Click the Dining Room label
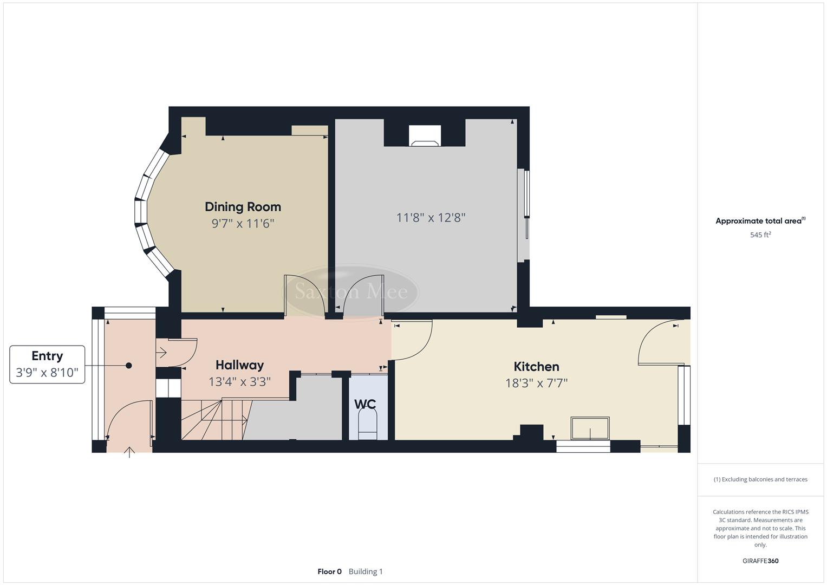(243, 206)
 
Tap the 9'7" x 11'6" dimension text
(243, 223)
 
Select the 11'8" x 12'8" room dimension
(431, 218)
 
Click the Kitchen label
(536, 367)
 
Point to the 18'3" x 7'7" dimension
(536, 383)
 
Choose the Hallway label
(239, 365)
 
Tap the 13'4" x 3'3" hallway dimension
(239, 382)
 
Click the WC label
(365, 404)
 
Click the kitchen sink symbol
(590, 428)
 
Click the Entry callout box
(47, 364)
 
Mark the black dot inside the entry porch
(129, 366)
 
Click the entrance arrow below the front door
(129, 452)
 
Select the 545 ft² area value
(760, 235)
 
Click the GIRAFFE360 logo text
(760, 561)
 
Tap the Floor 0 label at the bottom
(329, 571)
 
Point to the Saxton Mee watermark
(351, 291)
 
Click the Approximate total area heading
(760, 221)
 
